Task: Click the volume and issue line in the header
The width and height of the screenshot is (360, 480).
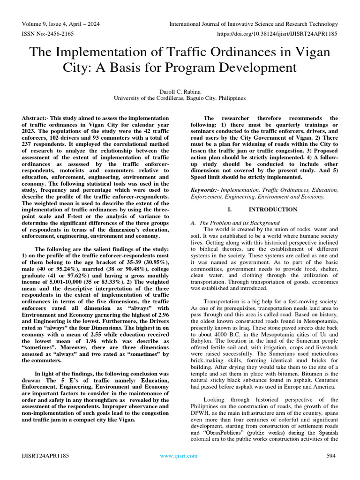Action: point(60,24)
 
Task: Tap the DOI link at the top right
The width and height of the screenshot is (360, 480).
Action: point(276,34)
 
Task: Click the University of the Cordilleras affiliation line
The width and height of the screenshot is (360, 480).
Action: point(180,98)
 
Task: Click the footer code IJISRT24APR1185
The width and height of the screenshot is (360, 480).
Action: point(46,456)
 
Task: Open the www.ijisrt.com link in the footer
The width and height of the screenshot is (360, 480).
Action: point(179,456)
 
